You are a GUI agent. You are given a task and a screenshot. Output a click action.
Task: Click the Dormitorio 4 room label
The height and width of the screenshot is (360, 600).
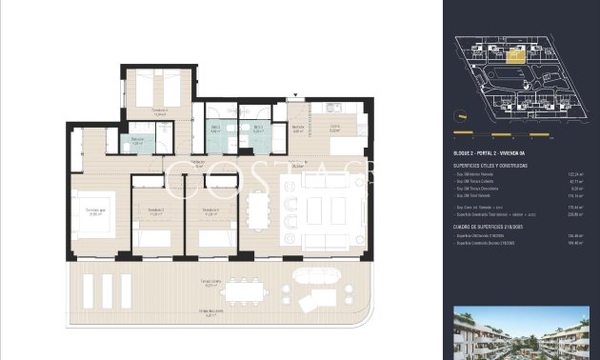tap(160, 110)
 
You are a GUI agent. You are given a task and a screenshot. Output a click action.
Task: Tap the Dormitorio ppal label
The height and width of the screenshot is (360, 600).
tap(94, 211)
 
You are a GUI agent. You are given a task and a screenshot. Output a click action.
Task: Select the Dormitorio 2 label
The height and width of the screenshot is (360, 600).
tap(157, 211)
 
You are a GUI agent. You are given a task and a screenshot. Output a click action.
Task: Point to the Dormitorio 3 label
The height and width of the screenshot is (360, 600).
tap(210, 211)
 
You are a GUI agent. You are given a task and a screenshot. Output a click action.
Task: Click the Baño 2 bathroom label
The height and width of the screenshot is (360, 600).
tap(215, 129)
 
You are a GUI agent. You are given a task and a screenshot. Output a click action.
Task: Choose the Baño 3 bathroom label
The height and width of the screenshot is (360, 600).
tap(257, 129)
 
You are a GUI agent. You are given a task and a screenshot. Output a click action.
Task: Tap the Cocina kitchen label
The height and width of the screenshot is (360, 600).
tap(335, 129)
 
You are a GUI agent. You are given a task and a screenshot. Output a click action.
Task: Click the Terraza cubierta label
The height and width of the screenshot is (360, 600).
tap(210, 284)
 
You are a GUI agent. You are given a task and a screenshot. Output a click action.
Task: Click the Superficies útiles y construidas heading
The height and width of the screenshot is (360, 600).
tap(491, 165)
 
